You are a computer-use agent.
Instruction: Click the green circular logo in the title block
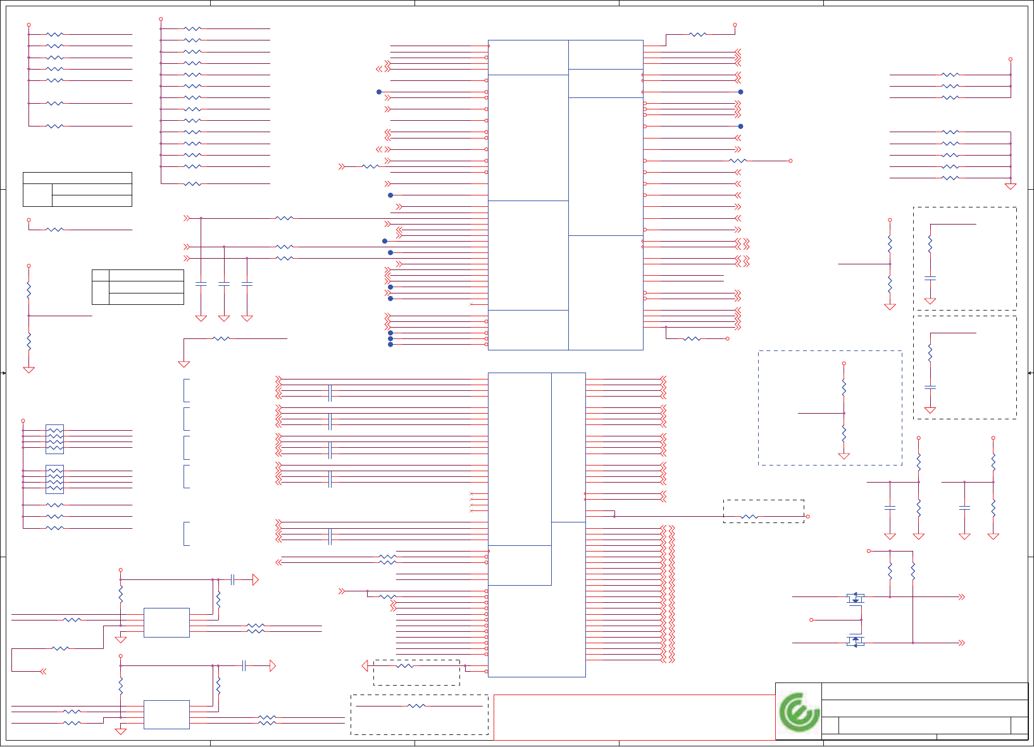(798, 712)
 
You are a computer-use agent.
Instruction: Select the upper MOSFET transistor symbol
(856, 597)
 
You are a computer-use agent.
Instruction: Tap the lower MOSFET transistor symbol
(856, 642)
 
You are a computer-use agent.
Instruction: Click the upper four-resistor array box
(55, 439)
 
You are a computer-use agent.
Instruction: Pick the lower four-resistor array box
(55, 479)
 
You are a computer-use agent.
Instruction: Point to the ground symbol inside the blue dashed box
(844, 455)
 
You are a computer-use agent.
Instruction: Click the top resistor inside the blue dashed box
(844, 387)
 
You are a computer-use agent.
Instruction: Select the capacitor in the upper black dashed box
(930, 278)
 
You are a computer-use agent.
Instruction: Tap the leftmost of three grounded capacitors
(201, 284)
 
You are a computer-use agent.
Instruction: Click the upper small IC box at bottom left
(166, 622)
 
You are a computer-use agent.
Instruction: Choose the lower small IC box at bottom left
(166, 714)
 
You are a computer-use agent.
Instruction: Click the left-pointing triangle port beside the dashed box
(364, 665)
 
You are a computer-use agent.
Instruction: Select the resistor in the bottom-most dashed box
(416, 706)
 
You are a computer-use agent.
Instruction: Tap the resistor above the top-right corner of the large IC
(697, 34)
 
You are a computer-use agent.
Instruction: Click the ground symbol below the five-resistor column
(1011, 186)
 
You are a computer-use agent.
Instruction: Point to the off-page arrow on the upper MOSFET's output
(962, 596)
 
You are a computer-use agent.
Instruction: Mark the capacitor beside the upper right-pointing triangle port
(233, 579)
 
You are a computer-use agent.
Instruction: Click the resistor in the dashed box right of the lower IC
(749, 517)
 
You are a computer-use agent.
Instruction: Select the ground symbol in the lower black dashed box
(930, 410)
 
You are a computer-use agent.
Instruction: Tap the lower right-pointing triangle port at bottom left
(273, 665)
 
